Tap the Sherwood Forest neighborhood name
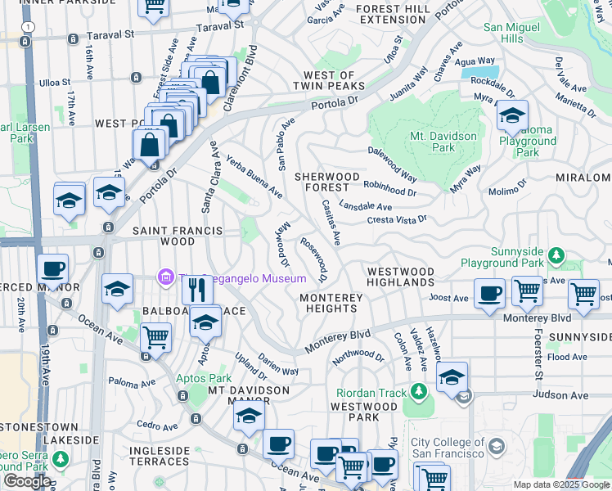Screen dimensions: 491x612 coord(327,182)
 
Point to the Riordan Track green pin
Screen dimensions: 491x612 coord(419,392)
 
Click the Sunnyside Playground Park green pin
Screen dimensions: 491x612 coord(556,257)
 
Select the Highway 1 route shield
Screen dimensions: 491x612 coord(29,27)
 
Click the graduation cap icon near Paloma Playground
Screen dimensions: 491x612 coord(512,115)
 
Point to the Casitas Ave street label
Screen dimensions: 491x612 coord(331,222)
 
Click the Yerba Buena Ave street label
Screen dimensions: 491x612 coord(254,178)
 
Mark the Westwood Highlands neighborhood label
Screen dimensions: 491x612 coord(400,277)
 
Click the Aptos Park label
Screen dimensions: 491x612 coord(204,378)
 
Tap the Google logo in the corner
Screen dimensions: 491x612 coord(27,481)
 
